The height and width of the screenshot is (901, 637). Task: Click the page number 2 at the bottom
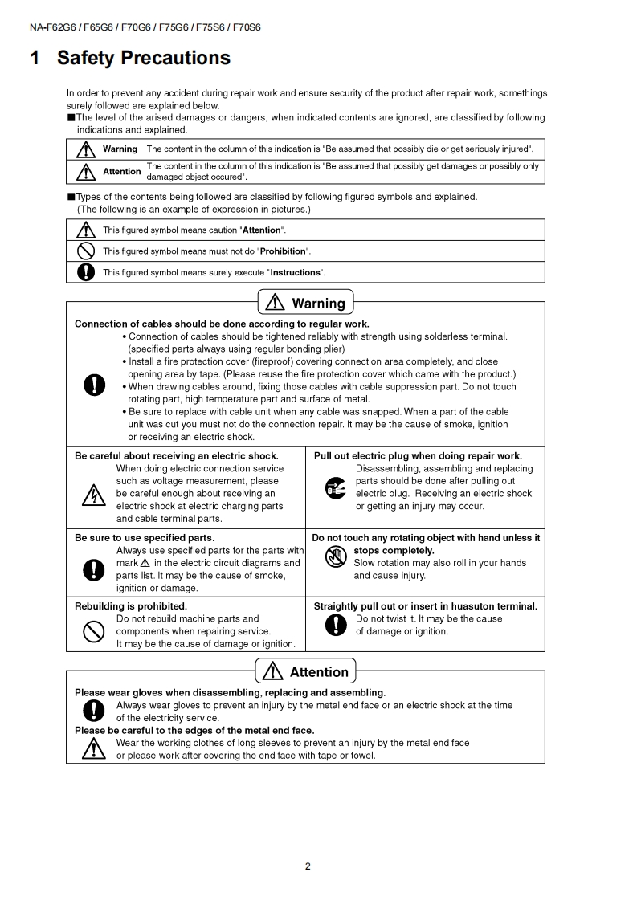coord(308,866)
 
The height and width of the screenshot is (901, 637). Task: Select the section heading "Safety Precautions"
coord(144,58)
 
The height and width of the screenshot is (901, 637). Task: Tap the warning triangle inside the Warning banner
coord(276,303)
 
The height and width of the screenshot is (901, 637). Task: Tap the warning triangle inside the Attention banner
coord(274,671)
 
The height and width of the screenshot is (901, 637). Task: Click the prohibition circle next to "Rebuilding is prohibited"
coord(94,632)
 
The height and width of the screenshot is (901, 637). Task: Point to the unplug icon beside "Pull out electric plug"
coord(335,487)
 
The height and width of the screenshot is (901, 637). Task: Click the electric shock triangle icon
coord(94,495)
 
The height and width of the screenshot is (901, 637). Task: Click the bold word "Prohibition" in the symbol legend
coord(284,251)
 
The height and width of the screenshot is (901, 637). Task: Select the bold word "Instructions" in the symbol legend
coord(295,272)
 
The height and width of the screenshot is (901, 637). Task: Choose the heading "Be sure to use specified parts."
coord(145,537)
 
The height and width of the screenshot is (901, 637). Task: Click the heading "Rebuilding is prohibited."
coord(131,606)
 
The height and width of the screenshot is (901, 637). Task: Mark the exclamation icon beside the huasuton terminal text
coord(340,625)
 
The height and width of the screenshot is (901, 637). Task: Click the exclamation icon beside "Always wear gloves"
coord(94,711)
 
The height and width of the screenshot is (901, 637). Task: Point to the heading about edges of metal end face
coord(194,730)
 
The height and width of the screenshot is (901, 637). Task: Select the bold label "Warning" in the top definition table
coord(120,149)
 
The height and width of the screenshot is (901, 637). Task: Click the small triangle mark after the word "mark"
coord(145,563)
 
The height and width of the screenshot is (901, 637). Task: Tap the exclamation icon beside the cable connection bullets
coord(94,385)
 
